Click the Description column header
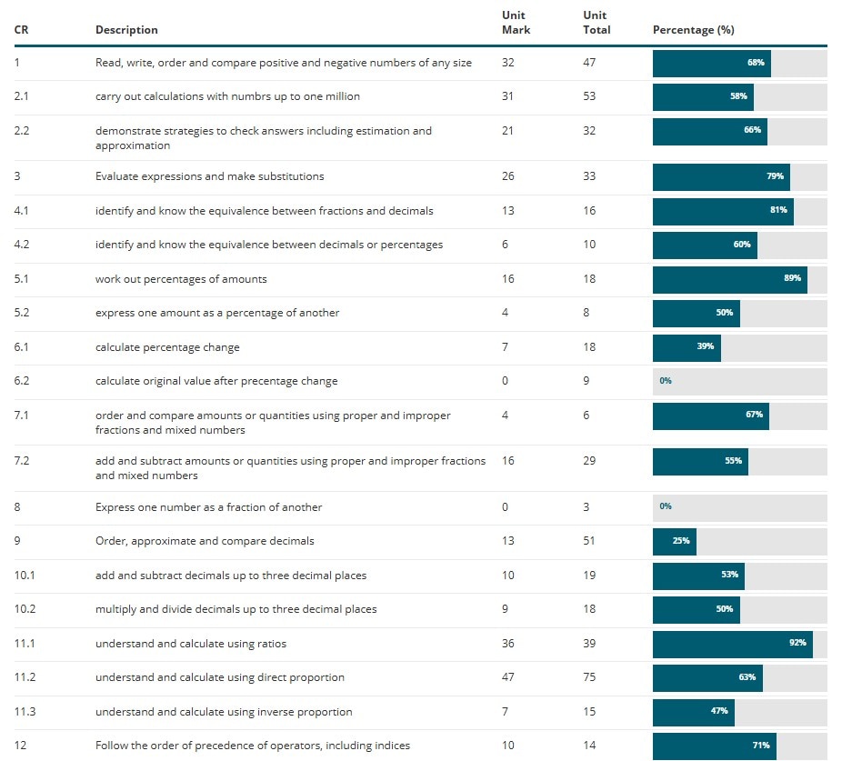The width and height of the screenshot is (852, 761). click(126, 30)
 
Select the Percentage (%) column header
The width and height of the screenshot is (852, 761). click(693, 30)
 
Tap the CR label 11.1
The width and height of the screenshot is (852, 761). click(25, 644)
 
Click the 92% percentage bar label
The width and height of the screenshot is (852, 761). click(797, 644)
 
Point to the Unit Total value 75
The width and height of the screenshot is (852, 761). click(589, 677)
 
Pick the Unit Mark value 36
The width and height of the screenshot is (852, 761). click(507, 644)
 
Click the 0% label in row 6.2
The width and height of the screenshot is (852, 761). click(666, 381)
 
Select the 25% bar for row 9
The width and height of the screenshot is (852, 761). click(675, 541)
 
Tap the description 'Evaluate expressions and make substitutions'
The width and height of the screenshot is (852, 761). click(209, 176)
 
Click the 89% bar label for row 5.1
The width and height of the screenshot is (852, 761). click(792, 279)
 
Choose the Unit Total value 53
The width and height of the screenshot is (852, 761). click(589, 96)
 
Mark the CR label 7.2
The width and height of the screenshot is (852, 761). click(22, 461)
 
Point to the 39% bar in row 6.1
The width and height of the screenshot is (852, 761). click(687, 347)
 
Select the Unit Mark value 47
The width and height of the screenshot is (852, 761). click(507, 677)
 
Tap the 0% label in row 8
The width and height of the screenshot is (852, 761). click(666, 506)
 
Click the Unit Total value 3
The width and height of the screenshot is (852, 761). click(586, 506)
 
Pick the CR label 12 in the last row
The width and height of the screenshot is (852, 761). click(20, 746)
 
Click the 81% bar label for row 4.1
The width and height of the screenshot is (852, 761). click(778, 211)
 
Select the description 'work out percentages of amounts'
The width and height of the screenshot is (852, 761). click(181, 279)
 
